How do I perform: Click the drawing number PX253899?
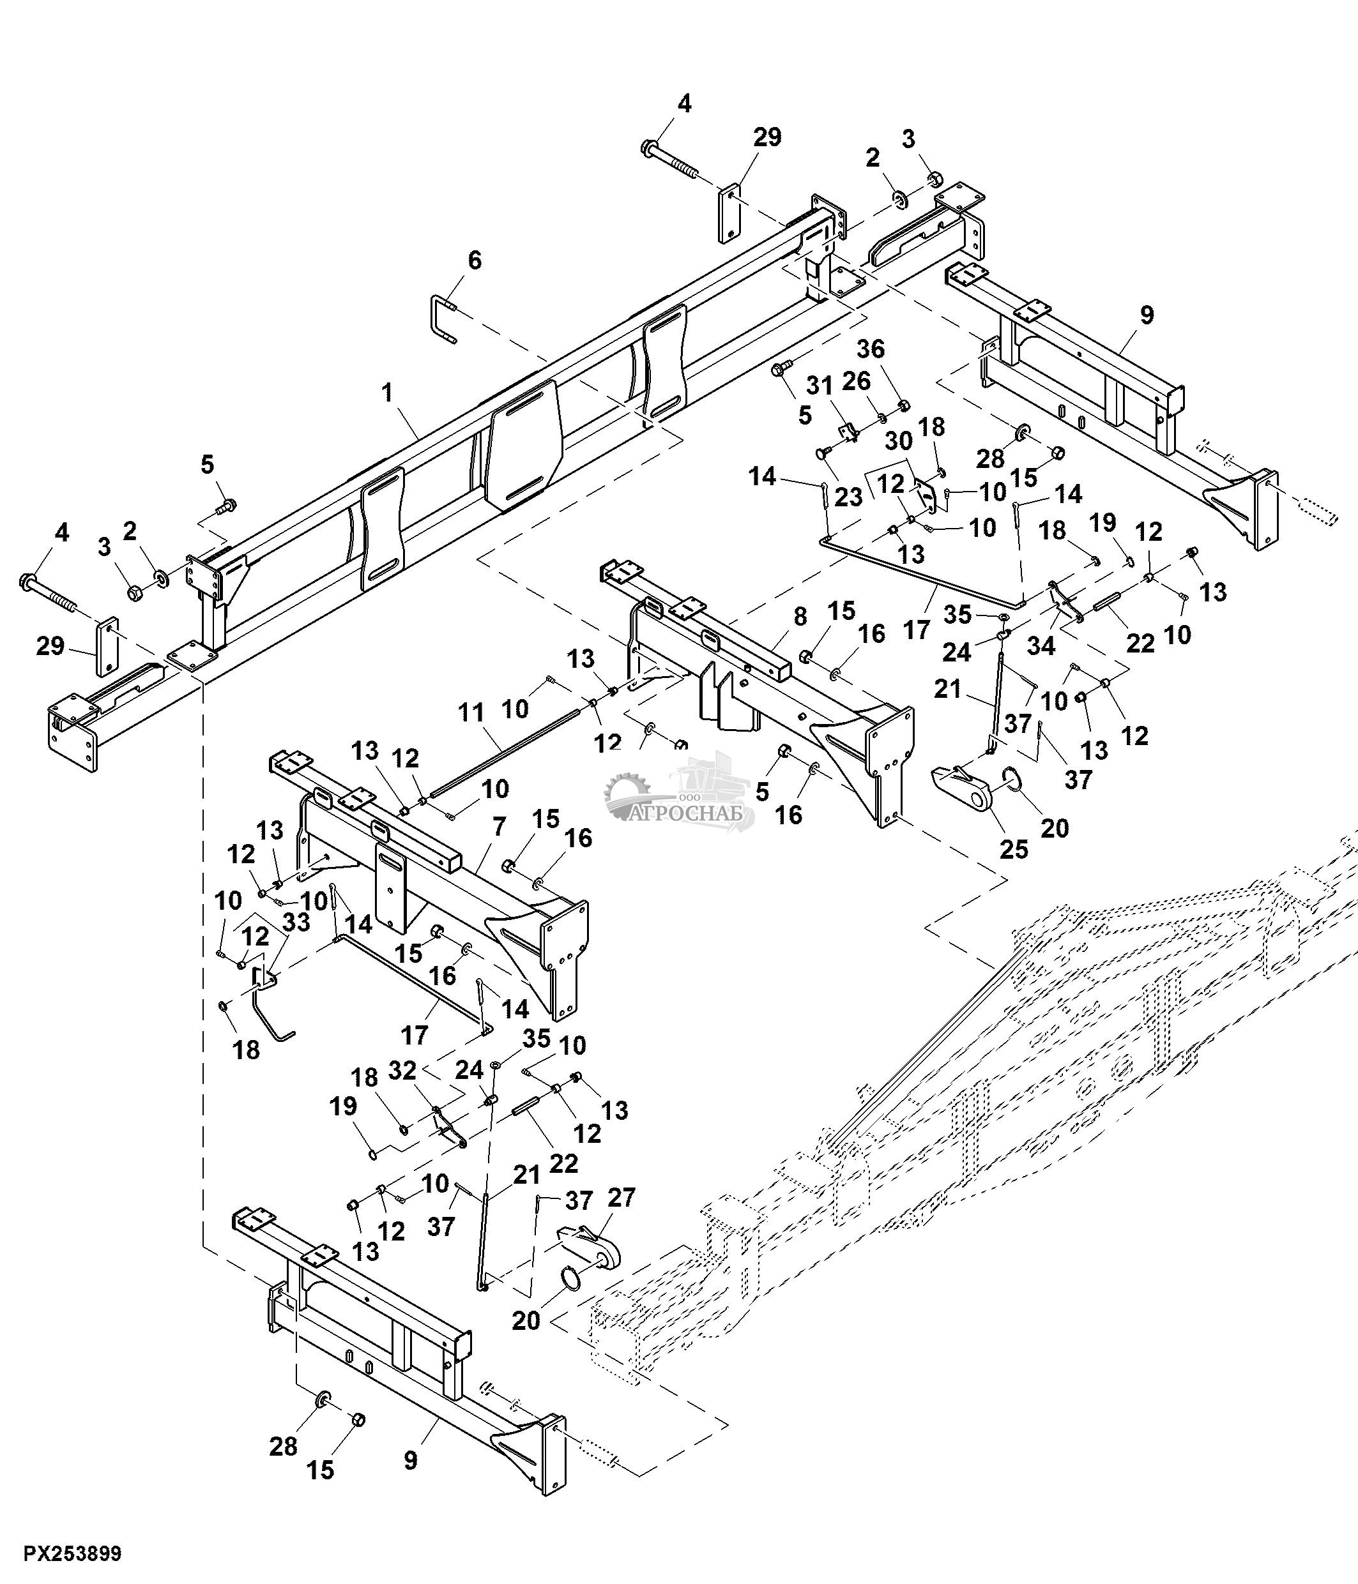73,1553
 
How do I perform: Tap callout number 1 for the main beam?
388,394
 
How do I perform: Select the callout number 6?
475,260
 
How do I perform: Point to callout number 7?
500,826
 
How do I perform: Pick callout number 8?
800,617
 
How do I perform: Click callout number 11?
472,714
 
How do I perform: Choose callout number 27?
621,1198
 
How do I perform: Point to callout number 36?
871,349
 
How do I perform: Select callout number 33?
296,923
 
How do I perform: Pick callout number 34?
1041,646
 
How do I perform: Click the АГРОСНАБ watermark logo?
680,795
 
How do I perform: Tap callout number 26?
857,381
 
